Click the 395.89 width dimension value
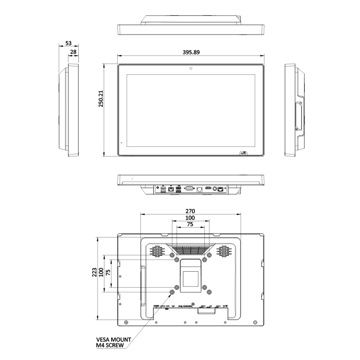pos(191,52)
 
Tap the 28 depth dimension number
pos(74,52)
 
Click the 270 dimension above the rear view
pos(190,211)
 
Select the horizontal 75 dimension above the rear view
pos(190,225)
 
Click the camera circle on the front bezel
pos(191,68)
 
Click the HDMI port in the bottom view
pos(208,187)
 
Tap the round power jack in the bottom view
pos(215,188)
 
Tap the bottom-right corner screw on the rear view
pos(255,322)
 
